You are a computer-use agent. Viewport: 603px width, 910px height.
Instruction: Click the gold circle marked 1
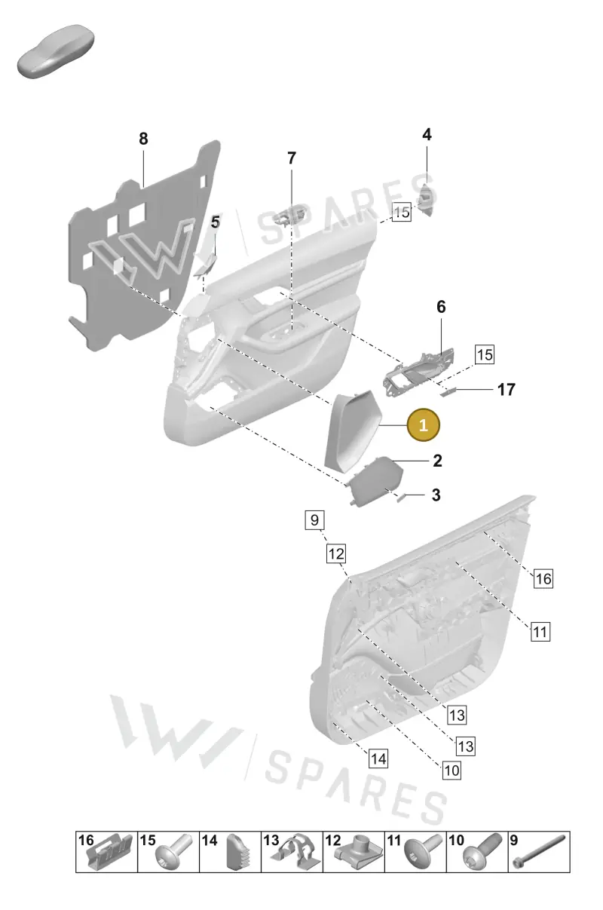[423, 424]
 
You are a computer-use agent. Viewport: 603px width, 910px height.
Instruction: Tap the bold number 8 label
[143, 139]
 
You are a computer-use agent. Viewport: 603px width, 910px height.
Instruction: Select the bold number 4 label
[427, 134]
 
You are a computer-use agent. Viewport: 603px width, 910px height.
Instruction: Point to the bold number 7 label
[292, 158]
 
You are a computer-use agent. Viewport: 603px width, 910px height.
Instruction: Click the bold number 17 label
[507, 390]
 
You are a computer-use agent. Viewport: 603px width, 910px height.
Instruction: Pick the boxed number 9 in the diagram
[314, 520]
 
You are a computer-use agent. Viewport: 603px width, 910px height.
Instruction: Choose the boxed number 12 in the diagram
[336, 553]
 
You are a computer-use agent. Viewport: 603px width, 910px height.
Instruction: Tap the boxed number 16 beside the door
[543, 578]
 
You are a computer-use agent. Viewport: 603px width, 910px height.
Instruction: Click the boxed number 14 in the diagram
[378, 759]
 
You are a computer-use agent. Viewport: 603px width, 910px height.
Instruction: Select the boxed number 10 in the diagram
[451, 771]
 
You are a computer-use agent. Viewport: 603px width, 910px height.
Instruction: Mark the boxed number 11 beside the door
[540, 632]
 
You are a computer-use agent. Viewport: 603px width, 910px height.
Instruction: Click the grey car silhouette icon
[56, 51]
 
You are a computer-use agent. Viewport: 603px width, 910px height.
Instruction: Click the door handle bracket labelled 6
[418, 372]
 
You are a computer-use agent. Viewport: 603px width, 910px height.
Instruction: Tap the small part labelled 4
[426, 200]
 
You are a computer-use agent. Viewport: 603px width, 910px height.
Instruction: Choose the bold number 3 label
[436, 495]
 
